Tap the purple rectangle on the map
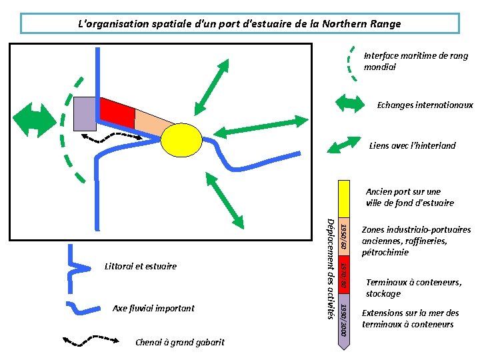(84, 114)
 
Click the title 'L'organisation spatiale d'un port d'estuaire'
(240, 24)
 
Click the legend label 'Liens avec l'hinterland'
(412, 145)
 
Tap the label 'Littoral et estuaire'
(141, 266)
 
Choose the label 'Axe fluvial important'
(153, 308)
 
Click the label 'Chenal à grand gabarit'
(179, 343)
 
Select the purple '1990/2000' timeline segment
(343, 319)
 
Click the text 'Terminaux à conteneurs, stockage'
(413, 288)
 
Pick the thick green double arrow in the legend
(349, 103)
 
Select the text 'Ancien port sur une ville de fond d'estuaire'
(409, 197)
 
